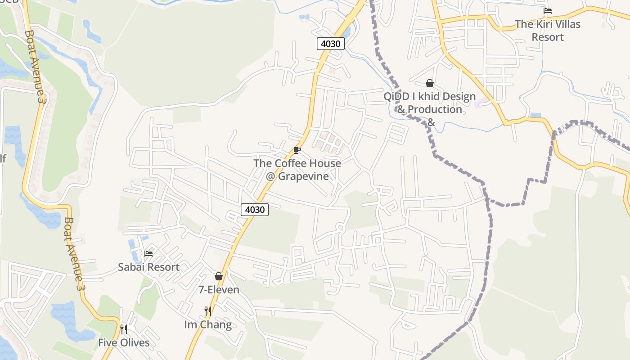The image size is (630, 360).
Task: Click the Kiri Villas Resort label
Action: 548,31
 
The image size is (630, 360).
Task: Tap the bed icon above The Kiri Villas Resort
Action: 548,11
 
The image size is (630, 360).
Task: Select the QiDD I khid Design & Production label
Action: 429,103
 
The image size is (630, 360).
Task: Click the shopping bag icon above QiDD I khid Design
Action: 430,83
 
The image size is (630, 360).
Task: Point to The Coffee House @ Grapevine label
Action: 297,170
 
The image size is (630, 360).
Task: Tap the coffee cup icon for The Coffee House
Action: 297,150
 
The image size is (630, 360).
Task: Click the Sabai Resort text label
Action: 148,267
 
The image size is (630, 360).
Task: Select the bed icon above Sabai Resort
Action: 148,254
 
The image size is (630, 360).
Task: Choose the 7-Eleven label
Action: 219,289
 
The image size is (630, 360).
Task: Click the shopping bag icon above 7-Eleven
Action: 219,276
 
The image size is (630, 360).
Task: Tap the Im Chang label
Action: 208,324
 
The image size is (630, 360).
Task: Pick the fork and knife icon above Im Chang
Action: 208,311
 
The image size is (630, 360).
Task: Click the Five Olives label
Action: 124,342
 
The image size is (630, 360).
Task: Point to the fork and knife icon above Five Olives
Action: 124,329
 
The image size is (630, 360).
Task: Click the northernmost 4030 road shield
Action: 331,44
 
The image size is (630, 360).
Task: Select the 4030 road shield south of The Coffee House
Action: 255,209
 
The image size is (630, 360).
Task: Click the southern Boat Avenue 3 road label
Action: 75,254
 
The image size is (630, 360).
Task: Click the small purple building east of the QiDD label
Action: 479,103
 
